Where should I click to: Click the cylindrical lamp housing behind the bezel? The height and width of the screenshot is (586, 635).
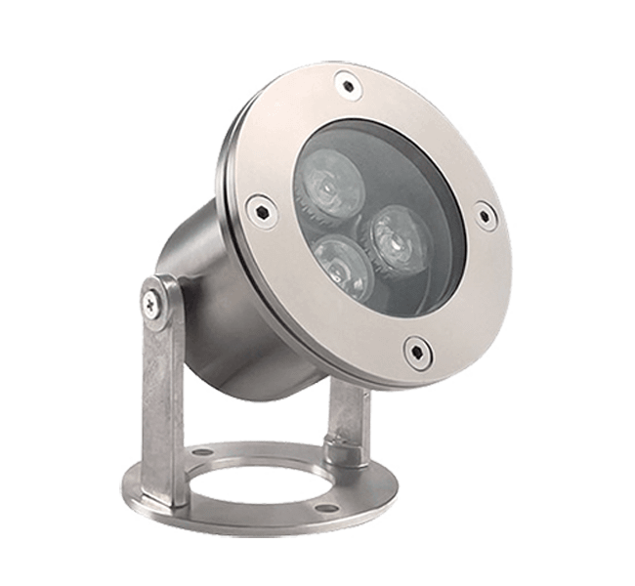point(205,283)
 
